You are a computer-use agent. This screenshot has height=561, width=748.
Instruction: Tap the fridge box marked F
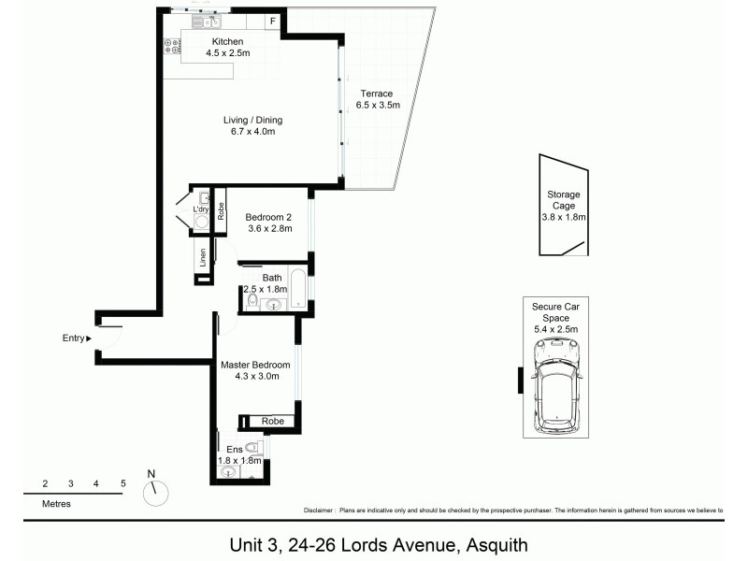pyautogui.click(x=273, y=22)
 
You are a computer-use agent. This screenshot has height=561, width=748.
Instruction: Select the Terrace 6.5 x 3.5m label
pyautogui.click(x=379, y=99)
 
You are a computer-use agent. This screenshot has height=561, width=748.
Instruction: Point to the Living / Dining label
pyautogui.click(x=252, y=125)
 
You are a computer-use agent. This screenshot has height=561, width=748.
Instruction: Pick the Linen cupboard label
pyautogui.click(x=202, y=258)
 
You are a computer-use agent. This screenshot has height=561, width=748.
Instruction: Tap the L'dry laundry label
pyautogui.click(x=201, y=209)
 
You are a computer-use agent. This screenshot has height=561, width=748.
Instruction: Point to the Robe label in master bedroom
pyautogui.click(x=272, y=422)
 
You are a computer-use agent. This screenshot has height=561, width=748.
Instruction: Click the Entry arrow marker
pyautogui.click(x=89, y=338)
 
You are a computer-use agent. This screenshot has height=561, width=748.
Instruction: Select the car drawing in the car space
pyautogui.click(x=556, y=385)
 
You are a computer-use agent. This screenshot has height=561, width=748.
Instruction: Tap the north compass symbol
pyautogui.click(x=158, y=491)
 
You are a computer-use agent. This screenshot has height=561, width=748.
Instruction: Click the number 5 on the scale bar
pyautogui.click(x=122, y=483)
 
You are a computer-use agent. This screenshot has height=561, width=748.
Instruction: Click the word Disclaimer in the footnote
pyautogui.click(x=319, y=511)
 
